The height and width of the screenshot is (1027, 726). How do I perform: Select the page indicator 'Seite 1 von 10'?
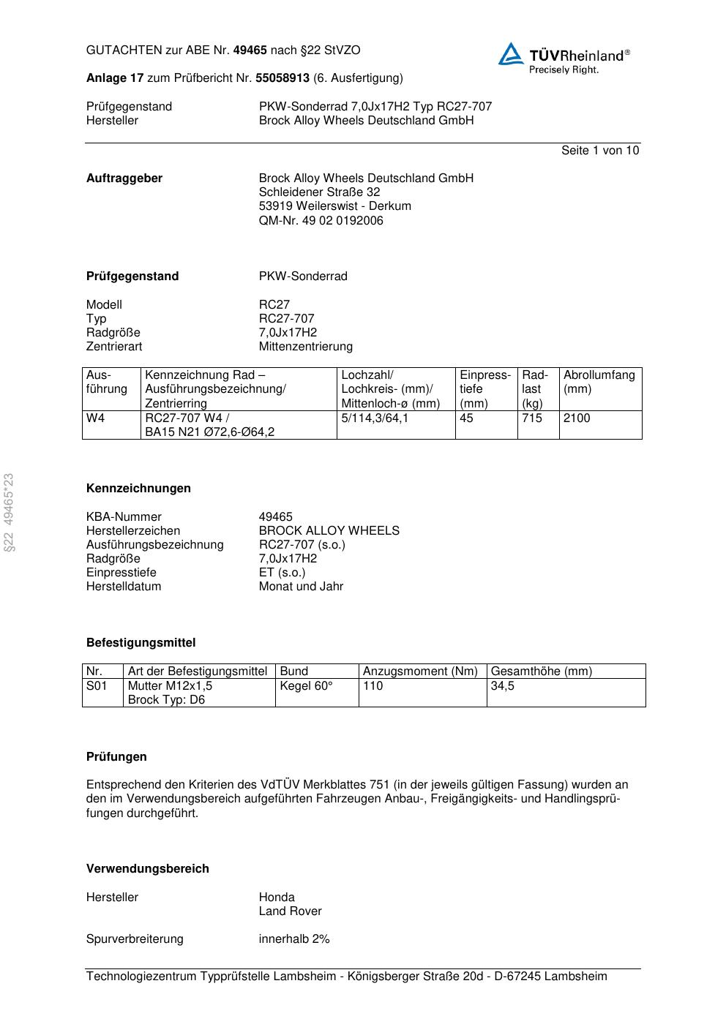(x=599, y=151)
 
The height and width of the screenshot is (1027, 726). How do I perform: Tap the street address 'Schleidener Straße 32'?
(x=319, y=192)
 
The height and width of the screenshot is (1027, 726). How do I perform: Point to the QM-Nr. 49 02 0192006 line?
(x=321, y=220)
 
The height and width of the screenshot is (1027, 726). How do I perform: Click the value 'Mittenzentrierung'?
(x=305, y=346)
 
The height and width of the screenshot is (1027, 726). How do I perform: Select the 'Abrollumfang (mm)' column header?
(x=599, y=382)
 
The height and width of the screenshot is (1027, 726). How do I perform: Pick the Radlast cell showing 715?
(x=532, y=418)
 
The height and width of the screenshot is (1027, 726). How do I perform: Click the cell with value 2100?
(x=577, y=418)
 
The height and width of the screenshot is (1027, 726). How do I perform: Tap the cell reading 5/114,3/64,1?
(x=375, y=418)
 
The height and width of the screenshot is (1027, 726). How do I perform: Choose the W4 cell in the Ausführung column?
(x=96, y=418)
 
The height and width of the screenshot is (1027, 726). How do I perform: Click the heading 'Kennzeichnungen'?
(x=138, y=489)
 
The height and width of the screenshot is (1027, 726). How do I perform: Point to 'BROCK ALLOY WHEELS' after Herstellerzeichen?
(x=329, y=531)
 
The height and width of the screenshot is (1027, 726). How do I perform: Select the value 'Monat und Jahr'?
(x=301, y=587)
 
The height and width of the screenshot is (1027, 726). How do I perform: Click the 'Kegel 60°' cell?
(x=306, y=686)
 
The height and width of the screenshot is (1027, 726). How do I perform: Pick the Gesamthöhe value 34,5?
(x=503, y=686)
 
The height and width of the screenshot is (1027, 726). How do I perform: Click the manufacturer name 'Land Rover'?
(x=290, y=911)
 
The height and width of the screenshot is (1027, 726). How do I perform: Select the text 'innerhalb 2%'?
(x=294, y=939)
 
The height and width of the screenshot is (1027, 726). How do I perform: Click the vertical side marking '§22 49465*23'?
(x=10, y=513)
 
